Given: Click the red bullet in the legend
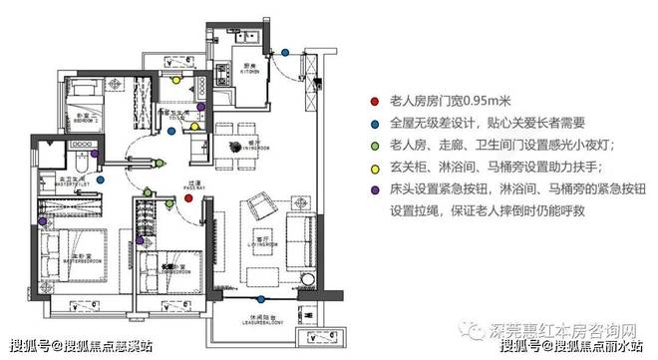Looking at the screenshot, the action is [x=373, y=103].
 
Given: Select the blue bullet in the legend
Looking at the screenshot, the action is [x=373, y=125].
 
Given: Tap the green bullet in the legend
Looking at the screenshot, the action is [x=373, y=147].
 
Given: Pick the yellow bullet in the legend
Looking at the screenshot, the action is [x=373, y=169].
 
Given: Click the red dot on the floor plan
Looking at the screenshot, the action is [x=186, y=199].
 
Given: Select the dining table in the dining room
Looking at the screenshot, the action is [x=237, y=147].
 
